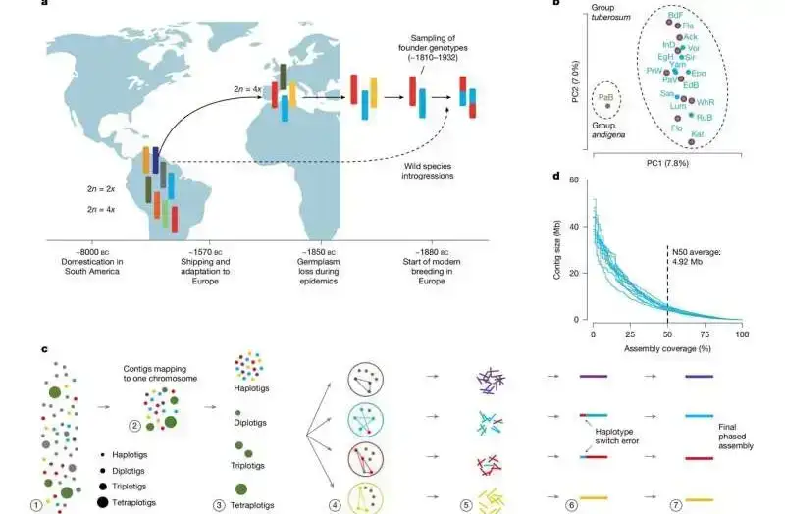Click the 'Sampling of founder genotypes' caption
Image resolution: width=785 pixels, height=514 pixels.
tap(426, 49)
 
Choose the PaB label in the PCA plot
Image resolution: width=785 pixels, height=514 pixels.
tap(605, 96)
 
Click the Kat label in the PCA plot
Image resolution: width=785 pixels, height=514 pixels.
tap(697, 133)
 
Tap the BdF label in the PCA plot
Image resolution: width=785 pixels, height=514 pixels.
tap(675, 16)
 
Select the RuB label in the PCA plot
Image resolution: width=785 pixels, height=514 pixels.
tap(704, 117)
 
